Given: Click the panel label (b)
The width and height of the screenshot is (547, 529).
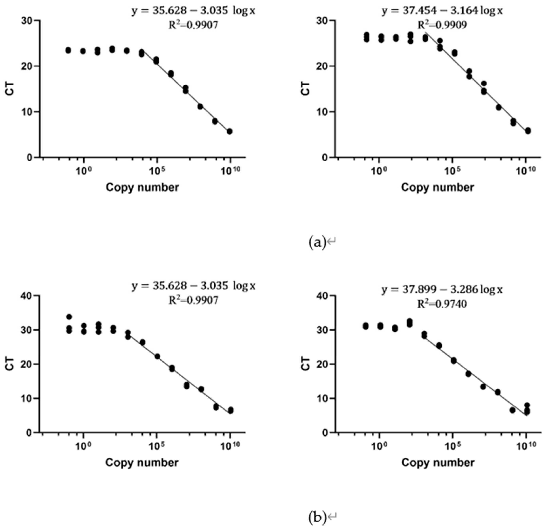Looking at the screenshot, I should pyautogui.click(x=317, y=518).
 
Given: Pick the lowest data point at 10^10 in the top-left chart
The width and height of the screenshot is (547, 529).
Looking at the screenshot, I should pyautogui.click(x=229, y=131).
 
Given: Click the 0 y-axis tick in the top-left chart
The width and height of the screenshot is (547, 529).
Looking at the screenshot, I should pyautogui.click(x=29, y=158).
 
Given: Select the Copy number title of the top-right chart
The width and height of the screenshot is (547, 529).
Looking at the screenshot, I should pyautogui.click(x=437, y=187).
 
